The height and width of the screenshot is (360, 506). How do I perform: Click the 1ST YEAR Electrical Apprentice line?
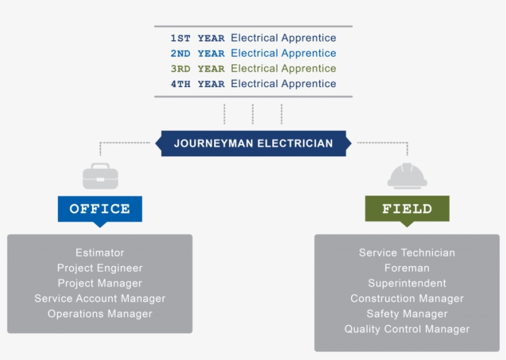253,38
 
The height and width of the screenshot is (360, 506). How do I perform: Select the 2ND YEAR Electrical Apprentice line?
253,54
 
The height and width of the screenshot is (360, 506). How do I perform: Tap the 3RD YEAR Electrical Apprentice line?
253,69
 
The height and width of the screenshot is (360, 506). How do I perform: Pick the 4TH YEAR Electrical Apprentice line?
253,84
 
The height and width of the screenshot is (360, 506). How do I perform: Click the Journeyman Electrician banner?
253,143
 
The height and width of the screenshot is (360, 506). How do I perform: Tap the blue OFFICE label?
100,209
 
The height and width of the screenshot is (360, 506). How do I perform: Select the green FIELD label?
407,209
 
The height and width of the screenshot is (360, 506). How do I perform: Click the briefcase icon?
100,176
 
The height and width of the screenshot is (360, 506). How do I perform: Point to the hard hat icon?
407,175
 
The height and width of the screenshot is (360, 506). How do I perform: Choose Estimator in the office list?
100,253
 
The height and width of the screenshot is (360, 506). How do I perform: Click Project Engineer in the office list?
100,268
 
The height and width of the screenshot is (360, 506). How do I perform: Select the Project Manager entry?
100,283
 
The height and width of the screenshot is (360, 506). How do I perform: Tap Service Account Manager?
100,299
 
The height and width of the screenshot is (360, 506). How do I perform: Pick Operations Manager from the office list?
100,314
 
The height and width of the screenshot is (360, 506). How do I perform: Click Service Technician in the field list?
407,253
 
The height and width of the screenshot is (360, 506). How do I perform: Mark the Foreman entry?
407,268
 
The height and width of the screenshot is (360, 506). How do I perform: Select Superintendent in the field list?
407,283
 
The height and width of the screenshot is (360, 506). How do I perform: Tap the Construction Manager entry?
407,299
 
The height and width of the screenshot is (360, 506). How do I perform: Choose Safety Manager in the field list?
407,314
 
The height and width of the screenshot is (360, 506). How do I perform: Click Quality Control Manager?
407,329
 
